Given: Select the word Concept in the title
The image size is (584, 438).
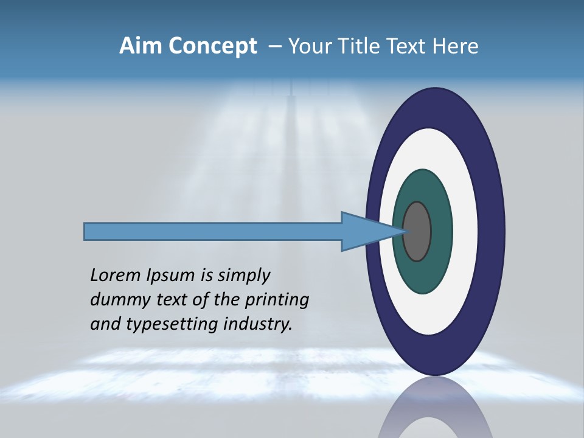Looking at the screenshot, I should click(213, 47).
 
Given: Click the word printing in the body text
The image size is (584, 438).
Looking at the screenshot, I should click(279, 301).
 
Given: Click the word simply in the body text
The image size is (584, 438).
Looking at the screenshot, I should click(244, 276).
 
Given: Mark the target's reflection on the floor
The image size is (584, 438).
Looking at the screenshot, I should click(435, 411).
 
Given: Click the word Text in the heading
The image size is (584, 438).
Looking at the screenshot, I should click(408, 46).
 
